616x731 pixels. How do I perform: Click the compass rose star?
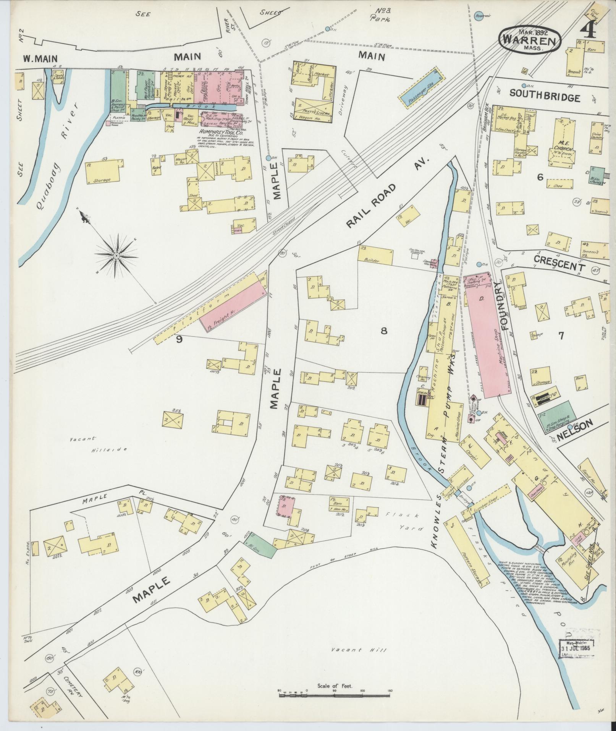click(116, 255)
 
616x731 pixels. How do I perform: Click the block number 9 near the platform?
click(179, 339)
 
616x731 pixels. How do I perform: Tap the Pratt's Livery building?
click(313, 108)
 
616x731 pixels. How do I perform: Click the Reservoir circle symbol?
click(477, 16)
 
